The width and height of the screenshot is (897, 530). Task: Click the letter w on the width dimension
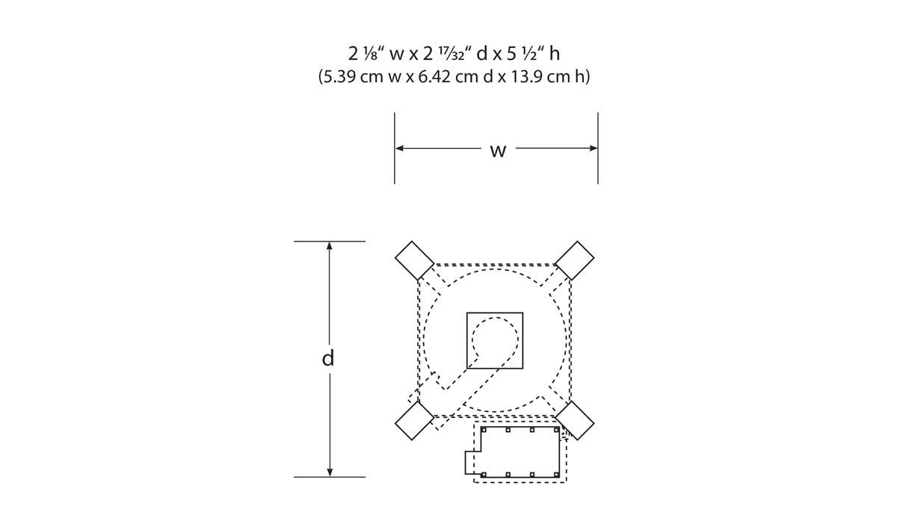[498, 152]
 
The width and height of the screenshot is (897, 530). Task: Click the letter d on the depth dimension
[328, 358]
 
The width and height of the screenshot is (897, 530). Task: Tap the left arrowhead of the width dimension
[399, 148]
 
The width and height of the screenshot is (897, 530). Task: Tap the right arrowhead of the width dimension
[594, 148]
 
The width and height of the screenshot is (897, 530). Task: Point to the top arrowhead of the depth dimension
[330, 246]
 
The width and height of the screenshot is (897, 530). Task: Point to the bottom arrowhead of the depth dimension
[330, 472]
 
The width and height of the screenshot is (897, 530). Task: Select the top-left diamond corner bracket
[414, 260]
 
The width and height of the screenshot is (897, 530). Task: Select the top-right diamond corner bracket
[575, 260]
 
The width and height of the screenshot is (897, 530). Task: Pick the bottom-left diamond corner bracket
[414, 421]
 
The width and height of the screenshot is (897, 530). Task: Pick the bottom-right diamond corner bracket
[575, 421]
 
